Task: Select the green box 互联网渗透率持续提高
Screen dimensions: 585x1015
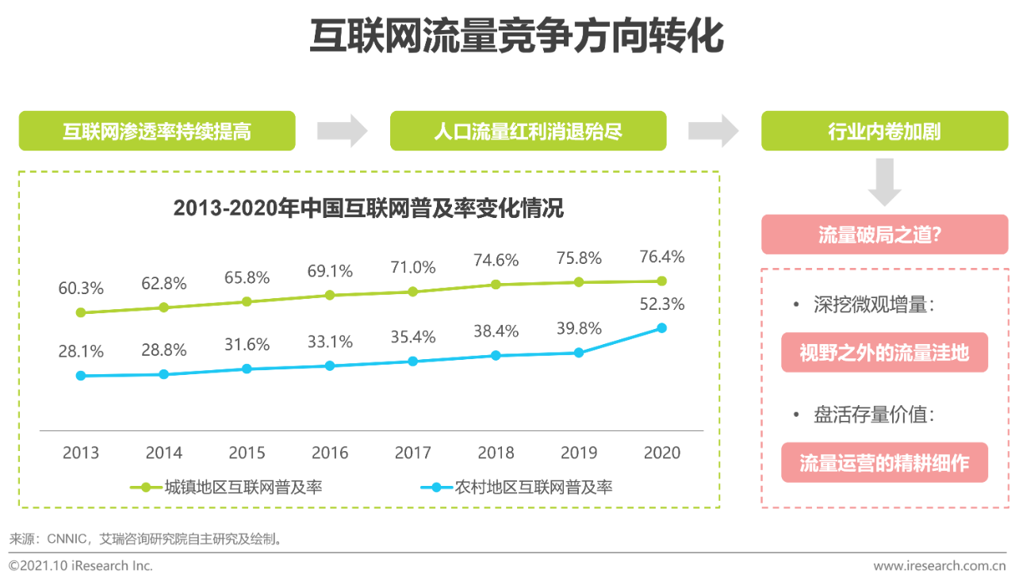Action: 157,131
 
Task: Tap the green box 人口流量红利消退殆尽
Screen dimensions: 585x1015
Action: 528,131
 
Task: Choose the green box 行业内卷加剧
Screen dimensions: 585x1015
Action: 884,131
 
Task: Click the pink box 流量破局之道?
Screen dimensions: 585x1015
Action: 884,235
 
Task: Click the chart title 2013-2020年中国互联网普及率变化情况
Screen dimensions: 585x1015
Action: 368,208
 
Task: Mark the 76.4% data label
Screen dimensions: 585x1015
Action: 662,257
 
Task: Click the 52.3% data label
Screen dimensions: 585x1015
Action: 662,304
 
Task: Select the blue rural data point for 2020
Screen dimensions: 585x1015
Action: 661,327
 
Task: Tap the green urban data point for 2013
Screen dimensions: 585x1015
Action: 80,312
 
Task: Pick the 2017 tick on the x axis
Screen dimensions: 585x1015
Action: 413,453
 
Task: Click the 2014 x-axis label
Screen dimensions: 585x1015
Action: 164,453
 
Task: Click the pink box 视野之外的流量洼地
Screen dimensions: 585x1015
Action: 884,353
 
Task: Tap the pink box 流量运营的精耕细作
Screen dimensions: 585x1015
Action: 884,463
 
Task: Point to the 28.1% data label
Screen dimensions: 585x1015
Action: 81,351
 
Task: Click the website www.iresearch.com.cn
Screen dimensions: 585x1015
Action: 939,566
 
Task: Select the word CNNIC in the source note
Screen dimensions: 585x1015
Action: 67,539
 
